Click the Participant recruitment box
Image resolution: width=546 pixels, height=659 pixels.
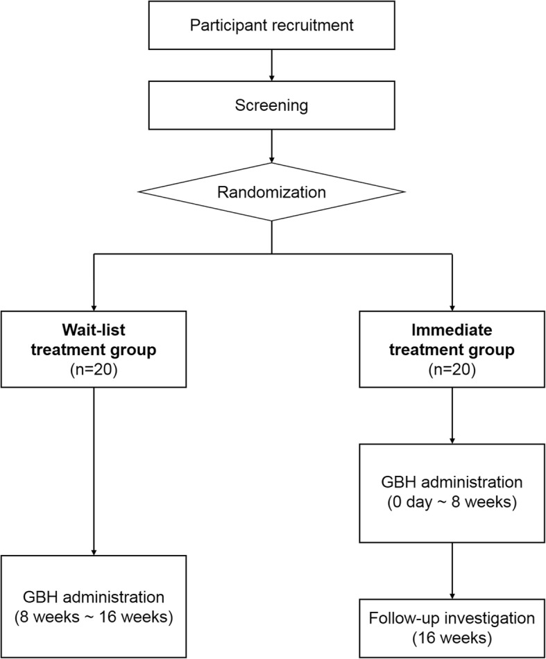(272, 26)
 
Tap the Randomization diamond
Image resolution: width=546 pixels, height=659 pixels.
(272, 192)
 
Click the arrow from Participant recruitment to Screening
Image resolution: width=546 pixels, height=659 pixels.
(272, 68)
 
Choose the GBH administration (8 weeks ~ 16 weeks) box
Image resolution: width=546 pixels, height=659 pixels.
(94, 606)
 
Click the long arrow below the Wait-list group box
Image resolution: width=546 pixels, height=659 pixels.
(94, 472)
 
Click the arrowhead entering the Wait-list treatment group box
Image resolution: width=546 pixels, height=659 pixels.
(94, 307)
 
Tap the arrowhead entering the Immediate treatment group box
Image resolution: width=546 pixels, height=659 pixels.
(452, 307)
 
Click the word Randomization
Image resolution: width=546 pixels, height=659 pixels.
(272, 192)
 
